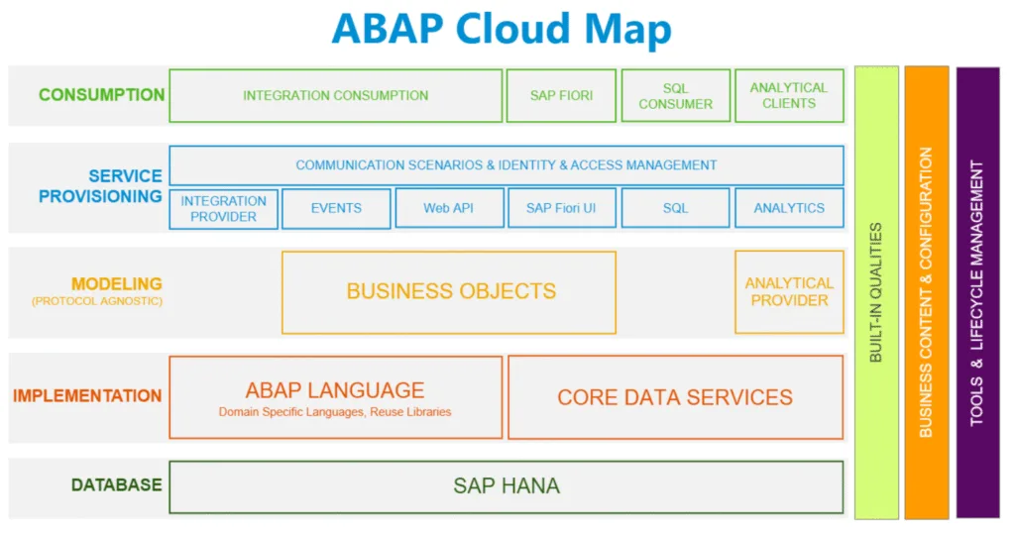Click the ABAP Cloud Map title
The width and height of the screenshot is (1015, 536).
[x=502, y=29]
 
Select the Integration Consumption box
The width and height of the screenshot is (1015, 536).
[x=335, y=96]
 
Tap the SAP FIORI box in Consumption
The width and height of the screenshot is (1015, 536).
[x=561, y=96]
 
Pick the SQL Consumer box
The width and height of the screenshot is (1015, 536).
[x=676, y=96]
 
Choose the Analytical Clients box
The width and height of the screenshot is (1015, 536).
[x=789, y=96]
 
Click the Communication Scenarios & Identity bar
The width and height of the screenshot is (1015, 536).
[x=507, y=165]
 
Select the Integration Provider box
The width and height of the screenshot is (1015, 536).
[x=223, y=208]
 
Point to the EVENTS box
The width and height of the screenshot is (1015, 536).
[x=336, y=208]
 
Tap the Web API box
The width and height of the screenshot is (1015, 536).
[x=449, y=208]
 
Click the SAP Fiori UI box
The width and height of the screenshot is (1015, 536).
[x=561, y=208]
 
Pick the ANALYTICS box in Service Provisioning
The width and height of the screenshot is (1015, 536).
[x=789, y=208]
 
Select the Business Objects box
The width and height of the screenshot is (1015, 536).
[x=449, y=292]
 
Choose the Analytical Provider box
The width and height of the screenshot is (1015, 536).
[x=789, y=292]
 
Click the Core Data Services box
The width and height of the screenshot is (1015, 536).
[x=675, y=397]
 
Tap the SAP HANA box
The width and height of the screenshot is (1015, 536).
[x=507, y=486]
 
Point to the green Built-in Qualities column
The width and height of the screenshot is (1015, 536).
[x=876, y=292]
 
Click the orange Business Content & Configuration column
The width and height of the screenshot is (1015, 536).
[x=927, y=292]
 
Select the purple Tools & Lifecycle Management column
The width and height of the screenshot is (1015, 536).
[x=977, y=292]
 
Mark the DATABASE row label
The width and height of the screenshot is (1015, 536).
[x=117, y=484]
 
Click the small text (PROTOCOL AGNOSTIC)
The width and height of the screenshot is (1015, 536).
[x=97, y=301]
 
